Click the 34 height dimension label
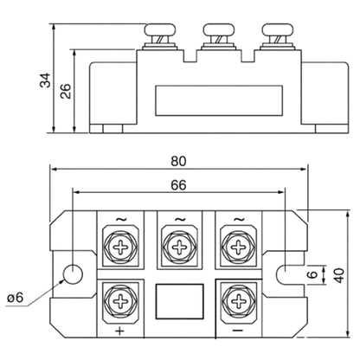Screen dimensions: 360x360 (x=45, y=80)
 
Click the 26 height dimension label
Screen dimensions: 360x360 (x=66, y=91)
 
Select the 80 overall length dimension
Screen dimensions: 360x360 (x=178, y=161)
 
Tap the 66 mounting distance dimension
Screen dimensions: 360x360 (x=178, y=185)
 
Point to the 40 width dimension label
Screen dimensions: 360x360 (x=339, y=275)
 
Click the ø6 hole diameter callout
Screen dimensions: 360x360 (x=16, y=298)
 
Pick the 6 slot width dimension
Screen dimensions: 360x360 (x=312, y=274)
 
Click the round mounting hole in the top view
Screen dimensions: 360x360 (x=73, y=274)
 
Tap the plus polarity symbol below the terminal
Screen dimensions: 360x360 (x=119, y=331)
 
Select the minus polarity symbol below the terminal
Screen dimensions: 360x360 (x=238, y=330)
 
